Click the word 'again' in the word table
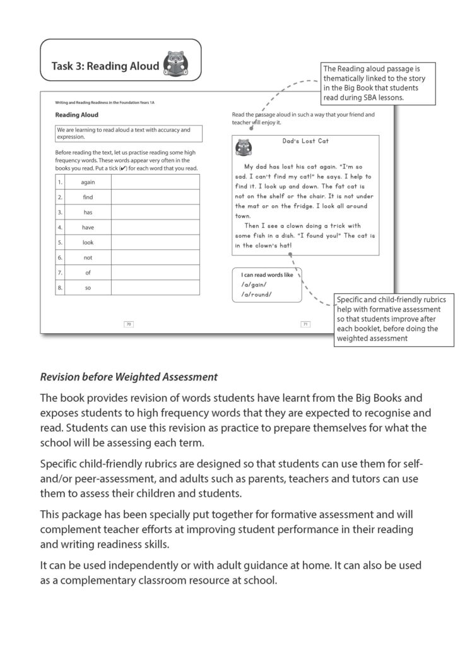point(88,182)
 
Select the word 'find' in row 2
point(88,197)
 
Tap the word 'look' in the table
point(88,242)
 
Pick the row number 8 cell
point(59,288)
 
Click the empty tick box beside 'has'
point(155,213)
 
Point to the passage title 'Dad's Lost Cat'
point(305,141)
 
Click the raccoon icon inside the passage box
point(243,148)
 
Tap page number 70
point(129,324)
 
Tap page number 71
point(305,324)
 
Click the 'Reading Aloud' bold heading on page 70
point(76,115)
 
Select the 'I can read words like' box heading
point(268,275)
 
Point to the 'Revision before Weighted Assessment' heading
point(129,377)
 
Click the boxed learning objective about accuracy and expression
point(129,133)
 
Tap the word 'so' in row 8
point(88,288)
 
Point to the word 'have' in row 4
point(88,227)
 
